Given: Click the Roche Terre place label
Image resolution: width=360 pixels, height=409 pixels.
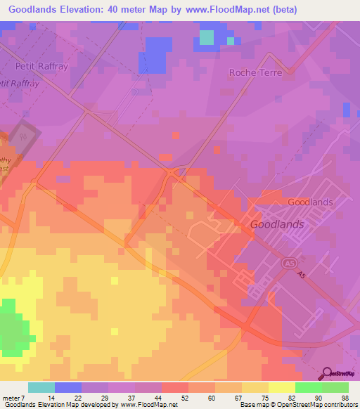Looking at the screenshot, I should pyautogui.click(x=255, y=72).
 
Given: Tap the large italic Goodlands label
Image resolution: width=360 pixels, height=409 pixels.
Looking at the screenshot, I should pyautogui.click(x=277, y=224).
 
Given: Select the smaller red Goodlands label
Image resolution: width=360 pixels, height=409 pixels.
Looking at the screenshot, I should pyautogui.click(x=310, y=202).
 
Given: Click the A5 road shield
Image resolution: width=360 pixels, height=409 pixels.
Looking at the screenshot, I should pyautogui.click(x=288, y=262).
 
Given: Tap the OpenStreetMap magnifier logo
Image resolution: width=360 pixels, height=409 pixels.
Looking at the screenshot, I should pyautogui.click(x=327, y=374).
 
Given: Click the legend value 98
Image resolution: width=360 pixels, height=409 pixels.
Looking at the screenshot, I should pyautogui.click(x=345, y=398).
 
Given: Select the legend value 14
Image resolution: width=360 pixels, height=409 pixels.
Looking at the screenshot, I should pyautogui.click(x=52, y=398).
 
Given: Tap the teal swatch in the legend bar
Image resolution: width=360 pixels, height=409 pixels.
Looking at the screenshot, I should pyautogui.click(x=41, y=387).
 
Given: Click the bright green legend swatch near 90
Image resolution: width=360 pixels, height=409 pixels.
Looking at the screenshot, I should pyautogui.click(x=308, y=387).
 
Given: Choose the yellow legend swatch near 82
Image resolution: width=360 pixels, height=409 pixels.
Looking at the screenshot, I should pyautogui.click(x=281, y=387).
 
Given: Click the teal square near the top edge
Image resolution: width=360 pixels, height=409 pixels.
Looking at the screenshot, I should pyautogui.click(x=206, y=37).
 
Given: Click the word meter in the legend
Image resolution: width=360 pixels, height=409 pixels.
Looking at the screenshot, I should pyautogui.click(x=12, y=398).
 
